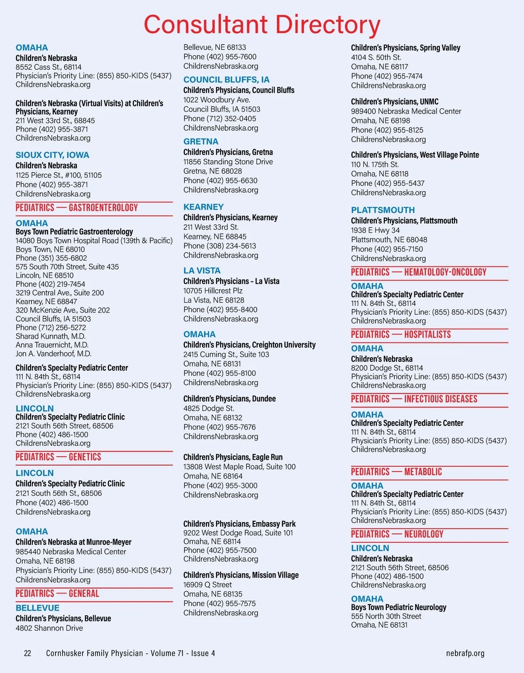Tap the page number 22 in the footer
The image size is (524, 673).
pyautogui.click(x=28, y=653)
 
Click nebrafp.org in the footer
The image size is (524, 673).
pyautogui.click(x=465, y=653)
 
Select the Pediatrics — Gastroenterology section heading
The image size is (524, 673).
pyautogui.click(x=77, y=208)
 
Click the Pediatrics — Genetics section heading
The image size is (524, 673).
pyautogui.click(x=59, y=457)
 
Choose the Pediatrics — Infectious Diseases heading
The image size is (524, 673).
pyautogui.click(x=414, y=399)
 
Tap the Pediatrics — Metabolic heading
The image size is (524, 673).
pyautogui.click(x=396, y=472)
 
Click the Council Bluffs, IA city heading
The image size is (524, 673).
pyautogui.click(x=226, y=80)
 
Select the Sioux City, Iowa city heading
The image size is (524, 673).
pyautogui.click(x=52, y=155)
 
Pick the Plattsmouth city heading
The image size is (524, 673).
pyautogui.click(x=383, y=210)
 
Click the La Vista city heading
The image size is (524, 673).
pyautogui.click(x=202, y=271)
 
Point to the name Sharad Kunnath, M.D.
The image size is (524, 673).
pyautogui.click(x=51, y=336)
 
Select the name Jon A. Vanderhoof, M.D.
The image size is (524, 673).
pyautogui.click(x=54, y=354)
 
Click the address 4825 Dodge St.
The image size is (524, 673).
pyautogui.click(x=209, y=408)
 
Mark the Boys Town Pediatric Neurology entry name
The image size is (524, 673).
pyautogui.click(x=399, y=607)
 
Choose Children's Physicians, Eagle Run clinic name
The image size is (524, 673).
pyautogui.click(x=233, y=457)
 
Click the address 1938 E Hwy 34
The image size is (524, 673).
pyautogui.click(x=375, y=230)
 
